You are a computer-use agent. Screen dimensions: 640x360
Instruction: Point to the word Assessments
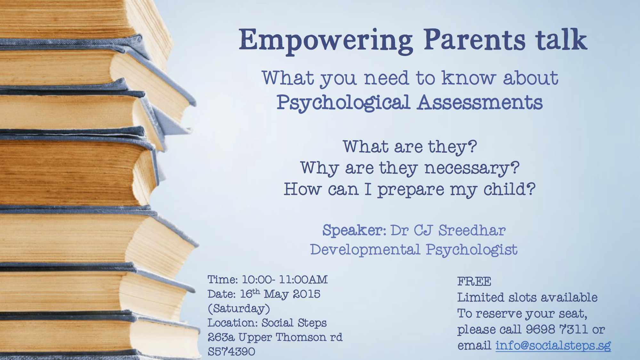(x=480, y=102)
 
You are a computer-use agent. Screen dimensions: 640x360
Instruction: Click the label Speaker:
(x=354, y=230)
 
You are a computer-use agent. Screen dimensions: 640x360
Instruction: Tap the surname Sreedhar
(x=472, y=230)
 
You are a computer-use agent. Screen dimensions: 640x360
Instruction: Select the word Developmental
(x=365, y=250)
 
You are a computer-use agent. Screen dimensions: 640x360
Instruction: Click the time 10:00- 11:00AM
(x=285, y=280)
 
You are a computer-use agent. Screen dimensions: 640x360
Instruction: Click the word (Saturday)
(x=239, y=308)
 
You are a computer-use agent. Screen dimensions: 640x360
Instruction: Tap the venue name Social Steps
(x=294, y=323)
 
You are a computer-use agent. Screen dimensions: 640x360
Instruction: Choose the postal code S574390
(x=231, y=352)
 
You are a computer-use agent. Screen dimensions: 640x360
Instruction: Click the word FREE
(x=474, y=282)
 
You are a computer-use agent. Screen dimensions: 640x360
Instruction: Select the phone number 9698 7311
(x=556, y=329)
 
